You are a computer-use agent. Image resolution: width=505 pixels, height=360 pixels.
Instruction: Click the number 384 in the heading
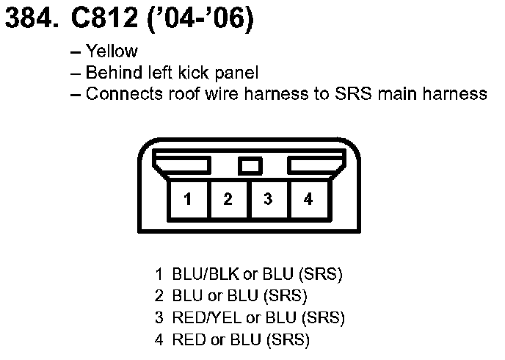tap(28, 20)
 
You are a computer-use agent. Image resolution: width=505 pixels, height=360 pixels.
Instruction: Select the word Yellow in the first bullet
tap(112, 51)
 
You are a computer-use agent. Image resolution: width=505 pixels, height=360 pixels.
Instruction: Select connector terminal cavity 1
tap(189, 198)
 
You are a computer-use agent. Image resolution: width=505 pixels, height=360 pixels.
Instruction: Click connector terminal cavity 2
tap(228, 198)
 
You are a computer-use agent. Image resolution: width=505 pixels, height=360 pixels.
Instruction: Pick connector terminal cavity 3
tap(269, 198)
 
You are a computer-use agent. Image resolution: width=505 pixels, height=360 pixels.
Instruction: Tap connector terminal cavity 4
tap(308, 198)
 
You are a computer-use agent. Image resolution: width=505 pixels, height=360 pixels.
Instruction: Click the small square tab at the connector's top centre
tap(250, 165)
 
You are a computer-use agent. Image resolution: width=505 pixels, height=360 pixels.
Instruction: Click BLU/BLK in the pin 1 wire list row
tap(200, 276)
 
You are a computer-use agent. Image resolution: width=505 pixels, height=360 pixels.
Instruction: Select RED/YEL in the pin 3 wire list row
tap(200, 318)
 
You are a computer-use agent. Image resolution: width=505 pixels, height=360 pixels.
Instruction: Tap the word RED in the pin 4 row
tap(186, 339)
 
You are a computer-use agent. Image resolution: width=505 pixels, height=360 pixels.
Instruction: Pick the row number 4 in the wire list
tap(159, 339)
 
